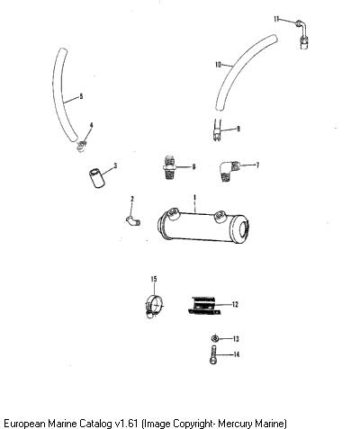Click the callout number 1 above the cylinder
(194, 198)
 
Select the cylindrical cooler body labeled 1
(203, 225)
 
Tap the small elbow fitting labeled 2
(133, 220)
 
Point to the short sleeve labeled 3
(97, 178)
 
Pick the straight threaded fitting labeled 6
(169, 167)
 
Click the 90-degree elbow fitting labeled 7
(229, 171)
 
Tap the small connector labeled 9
(218, 130)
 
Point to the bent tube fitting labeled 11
(302, 33)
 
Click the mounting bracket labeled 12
(204, 306)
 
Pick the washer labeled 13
(214, 338)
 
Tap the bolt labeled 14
(213, 354)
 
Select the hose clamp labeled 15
(154, 306)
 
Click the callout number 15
(154, 279)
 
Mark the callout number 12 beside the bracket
(235, 305)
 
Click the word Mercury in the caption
(235, 424)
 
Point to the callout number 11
(276, 19)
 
